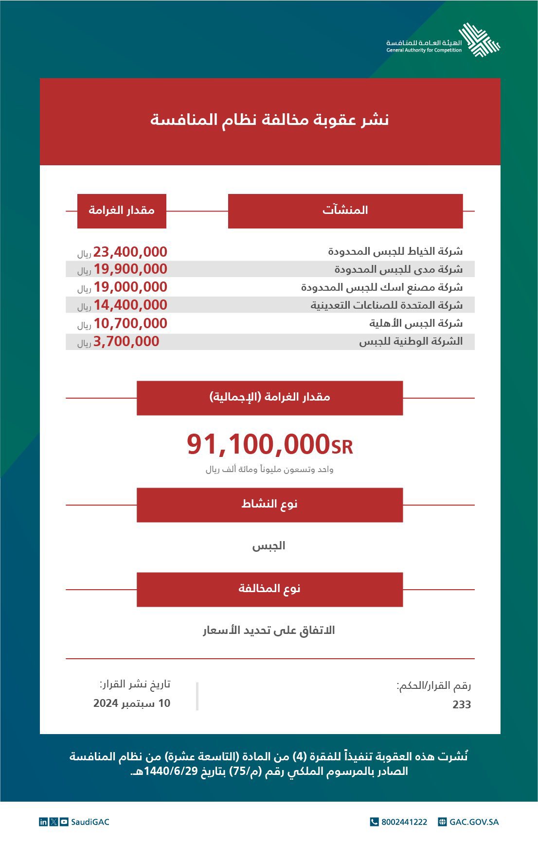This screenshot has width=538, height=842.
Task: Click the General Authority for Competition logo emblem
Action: [x=479, y=40]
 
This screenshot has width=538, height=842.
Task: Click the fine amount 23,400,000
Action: [x=130, y=252]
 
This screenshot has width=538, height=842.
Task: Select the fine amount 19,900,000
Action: [x=130, y=269]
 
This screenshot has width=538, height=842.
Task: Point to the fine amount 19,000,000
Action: [x=130, y=287]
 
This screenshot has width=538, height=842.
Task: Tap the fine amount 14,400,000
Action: [x=130, y=305]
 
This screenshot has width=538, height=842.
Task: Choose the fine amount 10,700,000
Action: [x=130, y=323]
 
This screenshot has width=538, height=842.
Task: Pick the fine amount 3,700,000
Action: [x=126, y=341]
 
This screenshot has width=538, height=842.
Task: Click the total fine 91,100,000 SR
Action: [x=269, y=444]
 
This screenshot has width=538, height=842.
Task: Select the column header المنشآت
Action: [x=345, y=210]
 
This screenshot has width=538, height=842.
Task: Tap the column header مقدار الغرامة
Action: [x=122, y=210]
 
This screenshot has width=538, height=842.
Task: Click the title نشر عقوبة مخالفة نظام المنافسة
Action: [x=269, y=120]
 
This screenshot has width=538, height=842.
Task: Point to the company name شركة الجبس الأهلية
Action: [x=415, y=323]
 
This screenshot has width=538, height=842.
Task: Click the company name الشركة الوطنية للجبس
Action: [x=411, y=341]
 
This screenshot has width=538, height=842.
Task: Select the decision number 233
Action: [x=461, y=704]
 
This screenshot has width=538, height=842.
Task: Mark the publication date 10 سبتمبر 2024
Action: [x=132, y=703]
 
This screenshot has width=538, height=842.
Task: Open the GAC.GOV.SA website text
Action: [x=474, y=822]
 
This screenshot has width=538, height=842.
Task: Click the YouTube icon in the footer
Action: [x=64, y=822]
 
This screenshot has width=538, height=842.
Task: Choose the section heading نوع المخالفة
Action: [x=269, y=589]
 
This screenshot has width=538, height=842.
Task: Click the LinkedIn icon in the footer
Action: [x=43, y=822]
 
